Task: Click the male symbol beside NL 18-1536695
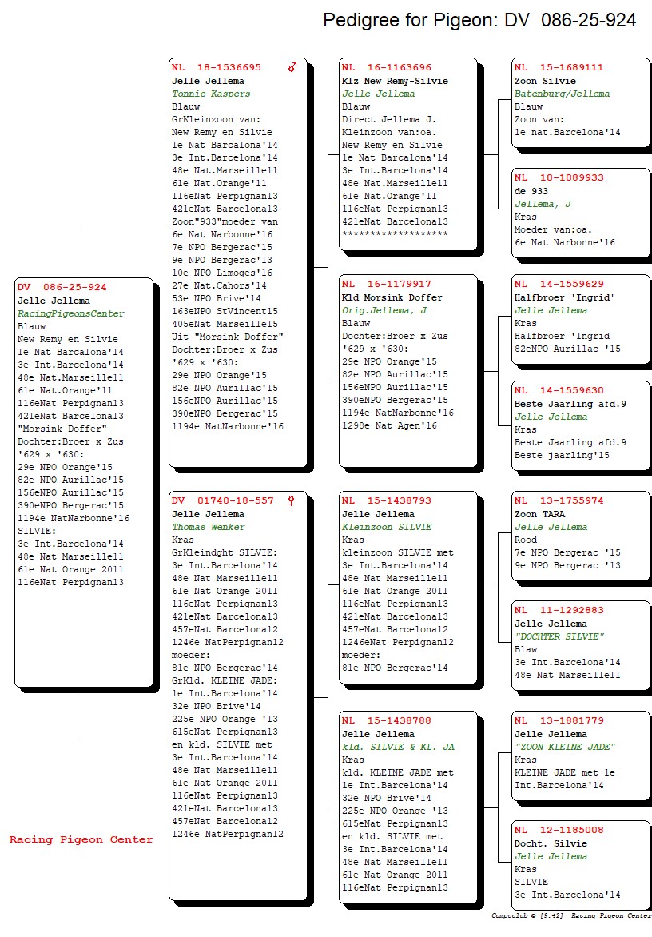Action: pyautogui.click(x=292, y=67)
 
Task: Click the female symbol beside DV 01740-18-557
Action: pyautogui.click(x=292, y=500)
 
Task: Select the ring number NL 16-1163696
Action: pyautogui.click(x=386, y=67)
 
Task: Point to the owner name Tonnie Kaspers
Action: pyautogui.click(x=211, y=94)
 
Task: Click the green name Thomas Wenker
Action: pyautogui.click(x=209, y=527)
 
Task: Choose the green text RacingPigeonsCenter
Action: pyautogui.click(x=71, y=313)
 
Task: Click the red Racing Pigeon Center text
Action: pyautogui.click(x=81, y=839)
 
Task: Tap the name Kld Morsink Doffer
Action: pyautogui.click(x=392, y=297)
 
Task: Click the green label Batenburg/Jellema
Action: pyautogui.click(x=562, y=94)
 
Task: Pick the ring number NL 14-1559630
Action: pyautogui.click(x=559, y=390)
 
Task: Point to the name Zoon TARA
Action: pyautogui.click(x=540, y=515)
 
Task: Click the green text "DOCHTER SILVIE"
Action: pyautogui.click(x=559, y=636)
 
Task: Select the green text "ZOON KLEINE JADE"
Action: pyautogui.click(x=565, y=747)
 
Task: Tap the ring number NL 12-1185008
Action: pyautogui.click(x=559, y=830)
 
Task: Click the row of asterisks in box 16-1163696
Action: pyautogui.click(x=395, y=233)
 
